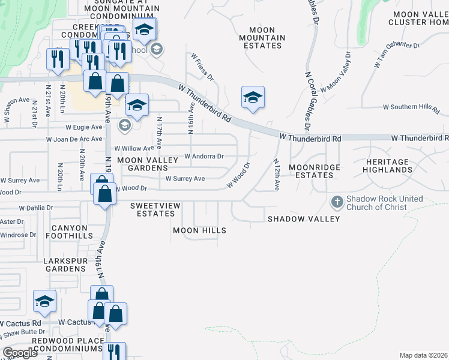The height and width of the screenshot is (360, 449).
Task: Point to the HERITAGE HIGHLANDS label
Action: click(x=388, y=166)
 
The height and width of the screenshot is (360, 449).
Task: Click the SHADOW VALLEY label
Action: click(x=304, y=219)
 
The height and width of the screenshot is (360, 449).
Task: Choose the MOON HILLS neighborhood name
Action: click(x=199, y=230)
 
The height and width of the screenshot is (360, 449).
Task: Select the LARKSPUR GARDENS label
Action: click(x=65, y=265)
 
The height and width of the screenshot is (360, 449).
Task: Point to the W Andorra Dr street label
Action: click(x=204, y=157)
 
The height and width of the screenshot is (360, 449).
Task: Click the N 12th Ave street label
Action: click(x=276, y=175)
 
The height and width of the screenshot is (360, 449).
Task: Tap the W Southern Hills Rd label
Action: click(x=412, y=108)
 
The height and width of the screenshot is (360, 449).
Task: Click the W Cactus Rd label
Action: click(x=75, y=322)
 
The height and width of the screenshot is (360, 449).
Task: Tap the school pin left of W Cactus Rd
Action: click(x=44, y=302)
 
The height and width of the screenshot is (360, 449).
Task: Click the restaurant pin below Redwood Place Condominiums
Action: click(x=114, y=352)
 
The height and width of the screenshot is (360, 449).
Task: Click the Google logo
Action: click(x=20, y=353)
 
